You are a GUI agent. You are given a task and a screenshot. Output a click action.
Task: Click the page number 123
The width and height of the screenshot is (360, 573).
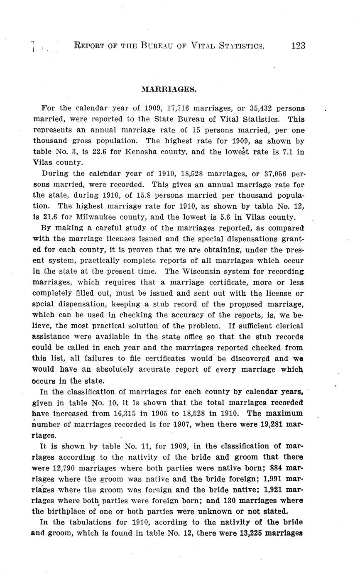coord(298,46)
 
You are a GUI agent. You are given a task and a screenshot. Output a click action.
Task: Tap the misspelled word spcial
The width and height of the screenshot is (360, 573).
coord(43,304)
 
